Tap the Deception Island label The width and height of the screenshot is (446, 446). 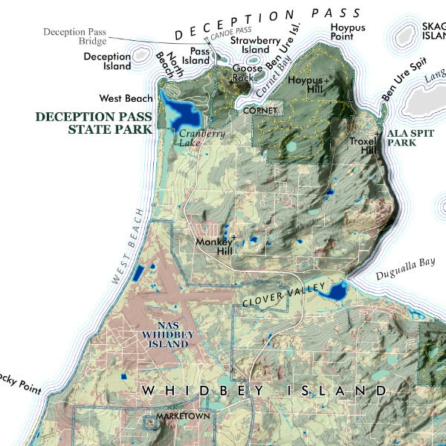(107, 61)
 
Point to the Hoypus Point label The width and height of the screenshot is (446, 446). (343, 32)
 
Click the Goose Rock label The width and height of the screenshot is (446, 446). (247, 73)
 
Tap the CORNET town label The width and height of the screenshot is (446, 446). (261, 111)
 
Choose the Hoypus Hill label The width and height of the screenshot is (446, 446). (306, 84)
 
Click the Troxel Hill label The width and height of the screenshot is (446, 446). (363, 145)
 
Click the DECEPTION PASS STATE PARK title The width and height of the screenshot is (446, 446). (94, 123)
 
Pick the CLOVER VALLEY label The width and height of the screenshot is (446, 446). (285, 295)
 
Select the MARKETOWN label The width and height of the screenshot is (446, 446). (183, 417)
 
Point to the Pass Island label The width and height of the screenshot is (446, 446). (201, 56)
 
